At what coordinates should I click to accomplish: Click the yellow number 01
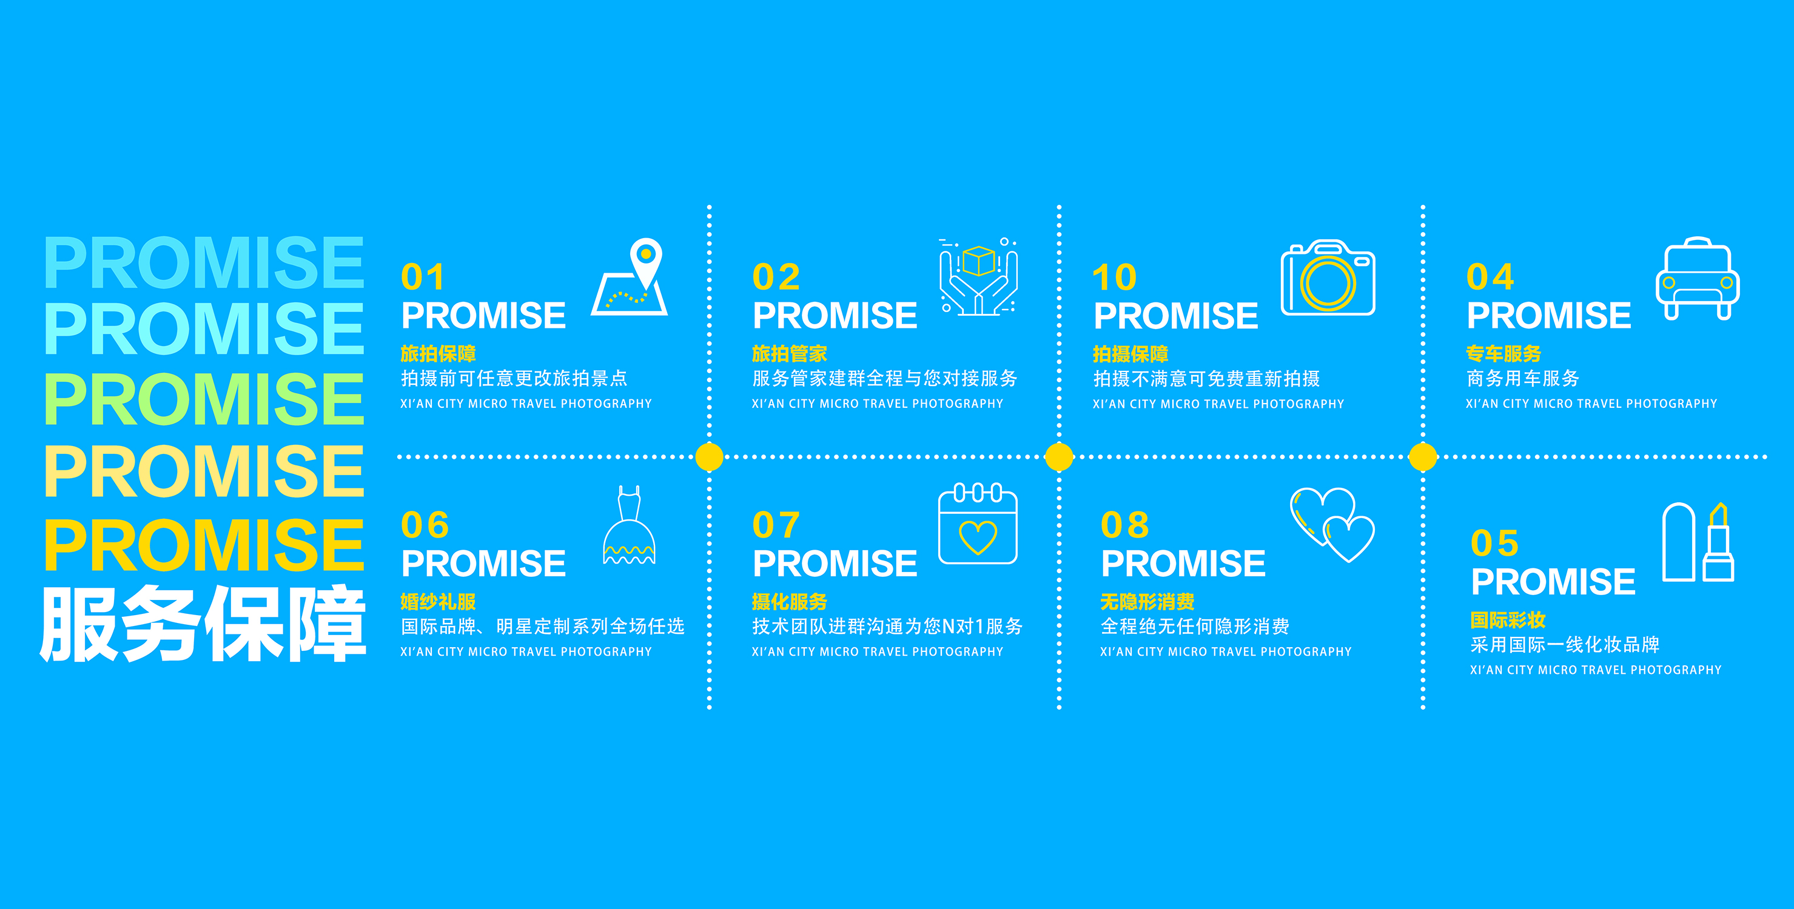(422, 277)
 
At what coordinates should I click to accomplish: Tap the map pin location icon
(630, 278)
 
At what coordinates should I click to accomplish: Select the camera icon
(1328, 278)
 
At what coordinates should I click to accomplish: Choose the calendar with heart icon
(978, 524)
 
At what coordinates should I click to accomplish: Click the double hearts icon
(1332, 525)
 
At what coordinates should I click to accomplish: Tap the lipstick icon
(1698, 542)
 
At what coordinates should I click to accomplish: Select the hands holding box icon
(978, 277)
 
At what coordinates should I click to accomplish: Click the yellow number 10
(1114, 277)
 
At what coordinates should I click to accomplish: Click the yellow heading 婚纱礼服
(438, 601)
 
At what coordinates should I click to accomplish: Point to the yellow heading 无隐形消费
(1147, 601)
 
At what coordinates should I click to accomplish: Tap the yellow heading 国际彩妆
(1508, 619)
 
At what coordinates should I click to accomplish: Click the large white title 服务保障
(203, 624)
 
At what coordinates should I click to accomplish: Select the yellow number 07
(776, 525)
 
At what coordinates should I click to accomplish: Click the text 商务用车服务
(1522, 379)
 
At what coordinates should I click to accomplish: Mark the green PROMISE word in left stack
(204, 398)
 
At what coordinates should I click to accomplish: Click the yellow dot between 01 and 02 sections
(710, 458)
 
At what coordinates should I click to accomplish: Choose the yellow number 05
(1494, 543)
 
